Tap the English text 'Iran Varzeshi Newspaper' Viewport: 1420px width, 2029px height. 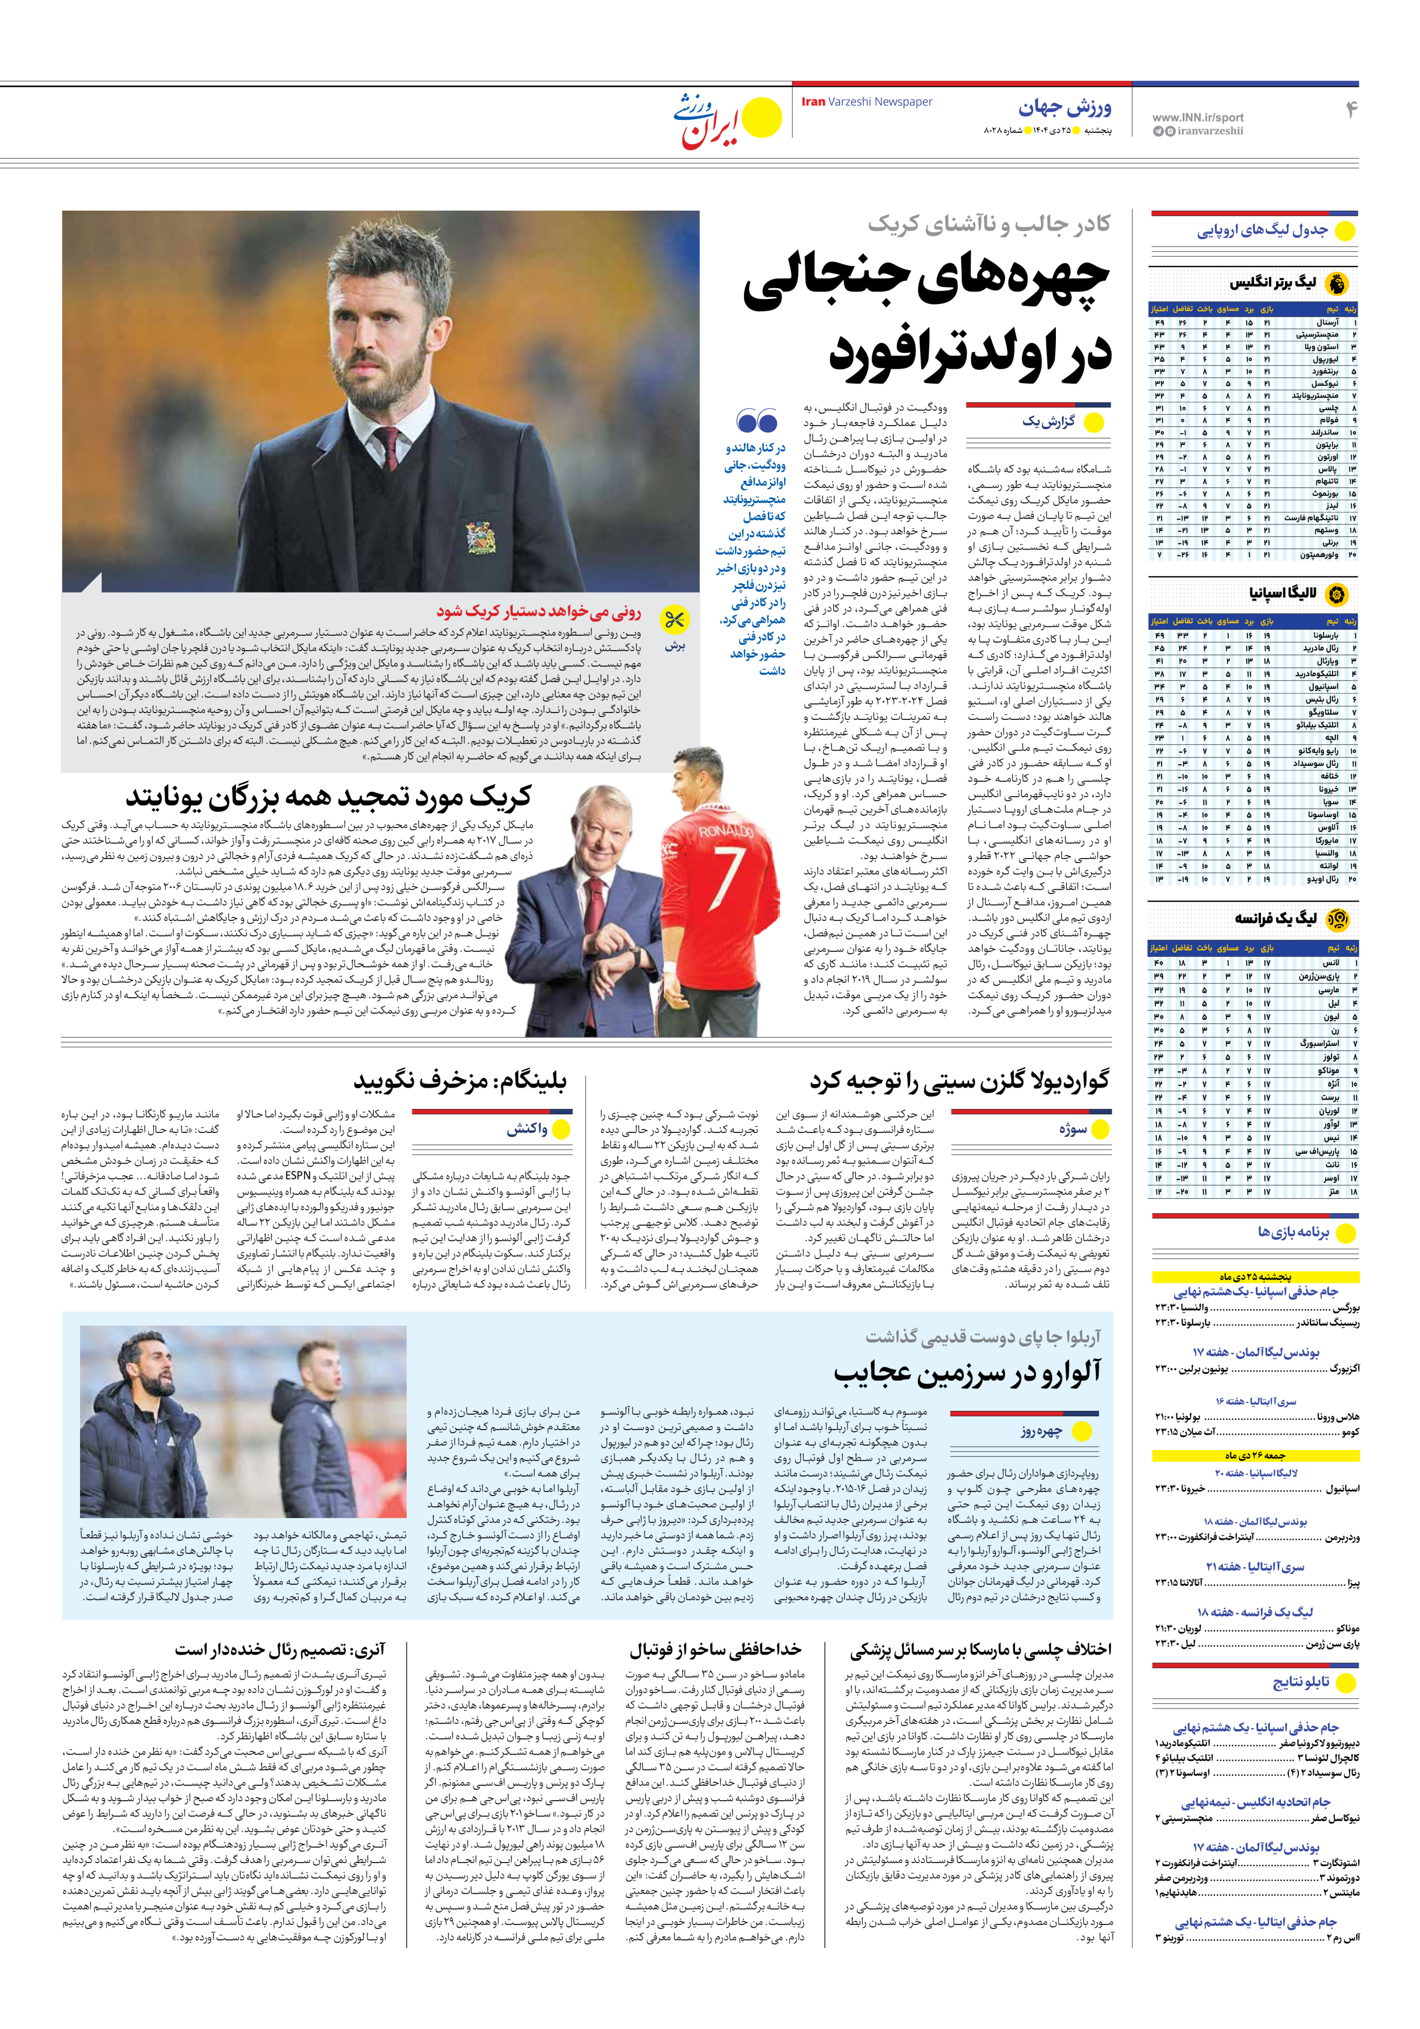click(x=866, y=102)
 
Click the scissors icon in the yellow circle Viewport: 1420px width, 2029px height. click(x=675, y=620)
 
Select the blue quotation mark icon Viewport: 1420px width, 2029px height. click(x=757, y=420)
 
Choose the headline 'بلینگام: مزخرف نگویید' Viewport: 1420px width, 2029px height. click(x=460, y=1081)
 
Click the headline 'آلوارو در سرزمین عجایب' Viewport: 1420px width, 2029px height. click(x=967, y=1372)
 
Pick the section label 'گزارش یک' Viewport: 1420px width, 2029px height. click(x=1049, y=422)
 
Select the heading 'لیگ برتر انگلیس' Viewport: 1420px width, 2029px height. click(x=1272, y=283)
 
